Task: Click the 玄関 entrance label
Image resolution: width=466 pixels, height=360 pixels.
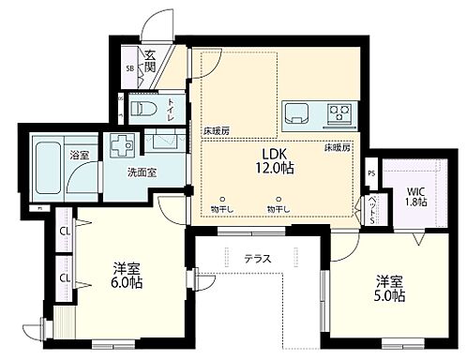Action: point(149,59)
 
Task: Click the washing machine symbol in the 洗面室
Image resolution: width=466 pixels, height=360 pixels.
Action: point(121,146)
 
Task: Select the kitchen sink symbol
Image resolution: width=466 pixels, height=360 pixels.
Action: point(297,115)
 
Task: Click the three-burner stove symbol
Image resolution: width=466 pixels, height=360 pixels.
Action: point(338,116)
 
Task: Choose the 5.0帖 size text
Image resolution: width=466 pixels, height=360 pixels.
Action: point(390,296)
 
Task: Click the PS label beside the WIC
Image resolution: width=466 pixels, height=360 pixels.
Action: point(372,172)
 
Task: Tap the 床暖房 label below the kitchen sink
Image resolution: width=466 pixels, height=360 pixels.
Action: point(338,148)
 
